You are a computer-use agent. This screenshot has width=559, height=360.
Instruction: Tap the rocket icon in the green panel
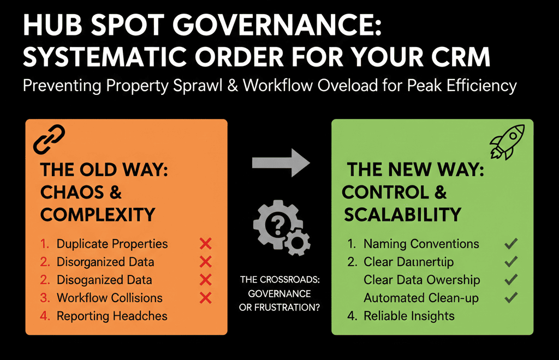pos(507,140)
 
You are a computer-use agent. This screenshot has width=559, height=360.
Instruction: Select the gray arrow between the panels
pos(281,163)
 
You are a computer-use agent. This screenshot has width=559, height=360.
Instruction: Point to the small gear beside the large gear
pos(299,241)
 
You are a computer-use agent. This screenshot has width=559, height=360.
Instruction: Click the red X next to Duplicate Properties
pos(205,244)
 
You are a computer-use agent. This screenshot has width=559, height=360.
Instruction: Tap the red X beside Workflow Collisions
pos(205,298)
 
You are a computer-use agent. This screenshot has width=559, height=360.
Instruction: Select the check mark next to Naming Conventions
pos(511,244)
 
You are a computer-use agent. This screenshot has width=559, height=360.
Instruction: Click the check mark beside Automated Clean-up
pos(511,298)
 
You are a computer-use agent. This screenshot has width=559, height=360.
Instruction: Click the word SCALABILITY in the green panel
pos(402,214)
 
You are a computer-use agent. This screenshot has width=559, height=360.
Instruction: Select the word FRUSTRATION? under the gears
pos(290,307)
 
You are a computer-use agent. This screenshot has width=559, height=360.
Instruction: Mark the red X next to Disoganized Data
pos(205,280)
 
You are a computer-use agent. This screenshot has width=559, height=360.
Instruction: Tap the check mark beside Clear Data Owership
pos(511,280)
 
